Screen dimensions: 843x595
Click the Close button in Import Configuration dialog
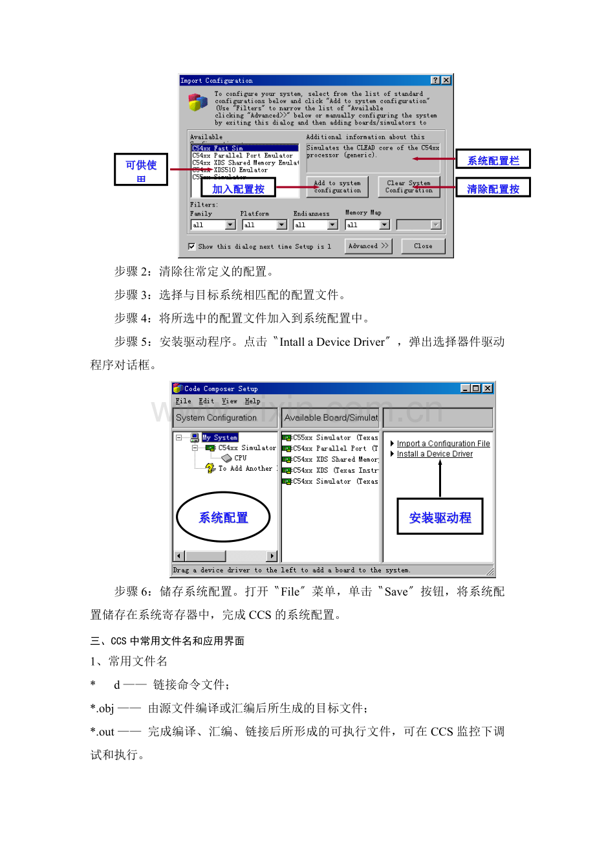[423, 246]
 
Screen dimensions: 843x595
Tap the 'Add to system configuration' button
[337, 186]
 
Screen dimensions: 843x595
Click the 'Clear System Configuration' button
[409, 186]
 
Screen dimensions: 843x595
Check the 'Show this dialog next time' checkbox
[191, 246]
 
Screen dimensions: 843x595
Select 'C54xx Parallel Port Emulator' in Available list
[243, 155]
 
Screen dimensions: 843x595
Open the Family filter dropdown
[230, 225]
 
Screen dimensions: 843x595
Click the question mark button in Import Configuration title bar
[435, 80]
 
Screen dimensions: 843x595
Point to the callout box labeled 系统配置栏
[493, 160]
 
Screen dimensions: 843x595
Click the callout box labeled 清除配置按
[493, 188]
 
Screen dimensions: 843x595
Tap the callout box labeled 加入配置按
[238, 188]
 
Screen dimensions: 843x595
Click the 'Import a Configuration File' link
[443, 444]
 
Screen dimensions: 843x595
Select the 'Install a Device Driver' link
[435, 454]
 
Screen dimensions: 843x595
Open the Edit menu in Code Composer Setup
[206, 401]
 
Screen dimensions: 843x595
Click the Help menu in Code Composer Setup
[252, 401]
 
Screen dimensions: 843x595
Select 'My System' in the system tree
[220, 438]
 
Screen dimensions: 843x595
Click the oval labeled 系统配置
[223, 517]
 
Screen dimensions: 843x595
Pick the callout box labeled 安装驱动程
[440, 517]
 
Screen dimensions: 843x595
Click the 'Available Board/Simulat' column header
[331, 418]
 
